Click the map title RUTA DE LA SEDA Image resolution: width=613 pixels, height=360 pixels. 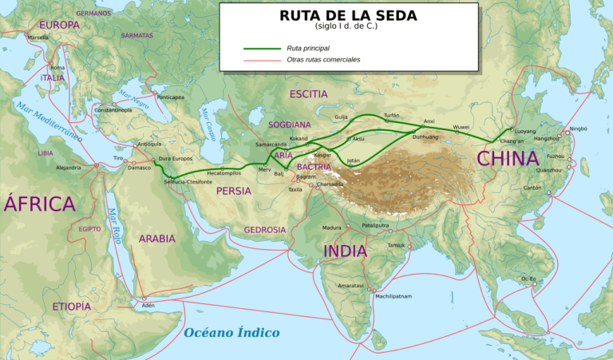(x=350, y=15)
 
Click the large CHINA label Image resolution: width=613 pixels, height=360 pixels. (x=508, y=158)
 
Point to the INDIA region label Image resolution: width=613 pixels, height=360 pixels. (x=345, y=251)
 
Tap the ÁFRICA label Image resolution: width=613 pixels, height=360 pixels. (x=39, y=204)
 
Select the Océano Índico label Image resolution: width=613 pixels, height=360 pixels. (x=231, y=332)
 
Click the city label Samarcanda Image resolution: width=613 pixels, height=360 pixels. (x=271, y=144)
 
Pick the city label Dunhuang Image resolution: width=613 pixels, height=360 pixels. (x=425, y=137)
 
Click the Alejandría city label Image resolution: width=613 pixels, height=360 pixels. (x=69, y=168)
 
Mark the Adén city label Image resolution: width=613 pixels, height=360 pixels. (x=148, y=306)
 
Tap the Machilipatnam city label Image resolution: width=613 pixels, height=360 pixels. (x=394, y=296)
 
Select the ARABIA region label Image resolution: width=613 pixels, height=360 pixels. (x=156, y=238)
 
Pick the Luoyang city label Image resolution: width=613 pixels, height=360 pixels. (x=524, y=130)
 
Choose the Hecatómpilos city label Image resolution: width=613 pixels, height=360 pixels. (x=224, y=172)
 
